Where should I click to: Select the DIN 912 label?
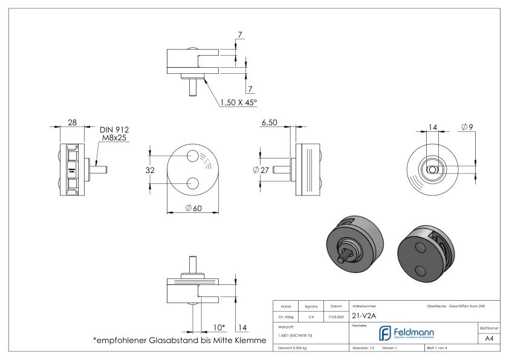(114, 129)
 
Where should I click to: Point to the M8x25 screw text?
(114, 139)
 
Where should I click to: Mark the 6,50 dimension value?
(269, 122)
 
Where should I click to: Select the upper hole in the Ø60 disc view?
(193, 155)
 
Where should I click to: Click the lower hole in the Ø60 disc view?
(193, 183)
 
